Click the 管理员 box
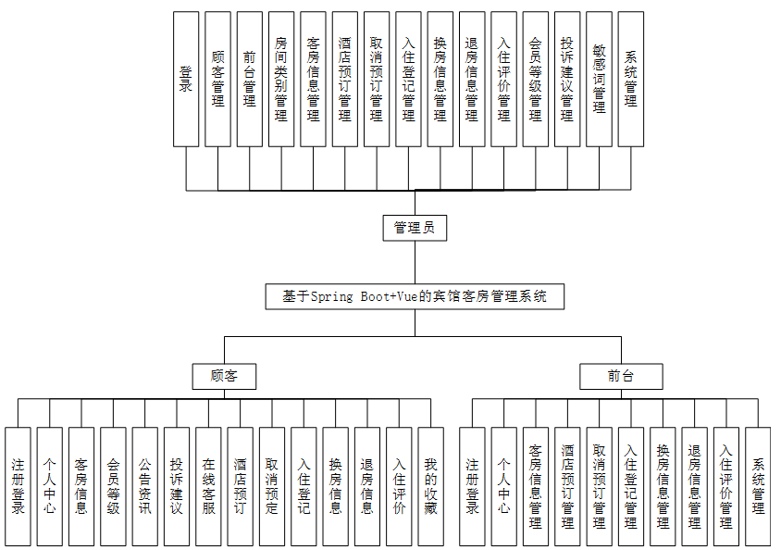click(x=415, y=228)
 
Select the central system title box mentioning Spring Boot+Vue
click(x=415, y=296)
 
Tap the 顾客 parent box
click(x=224, y=376)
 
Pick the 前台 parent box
click(x=621, y=376)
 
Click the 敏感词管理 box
click(x=599, y=79)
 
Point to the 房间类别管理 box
click(x=281, y=79)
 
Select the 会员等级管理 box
click(x=536, y=79)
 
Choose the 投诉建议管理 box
click(x=567, y=79)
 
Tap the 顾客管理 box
click(x=217, y=79)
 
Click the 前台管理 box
click(x=250, y=79)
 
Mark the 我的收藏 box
click(x=430, y=486)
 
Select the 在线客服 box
click(x=208, y=486)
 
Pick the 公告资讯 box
click(x=144, y=486)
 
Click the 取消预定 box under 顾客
click(x=271, y=486)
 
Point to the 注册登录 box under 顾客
click(x=18, y=486)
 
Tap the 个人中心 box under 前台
click(x=503, y=486)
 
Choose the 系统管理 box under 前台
click(x=758, y=486)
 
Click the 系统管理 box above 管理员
click(x=631, y=79)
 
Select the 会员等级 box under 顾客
click(x=113, y=486)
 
